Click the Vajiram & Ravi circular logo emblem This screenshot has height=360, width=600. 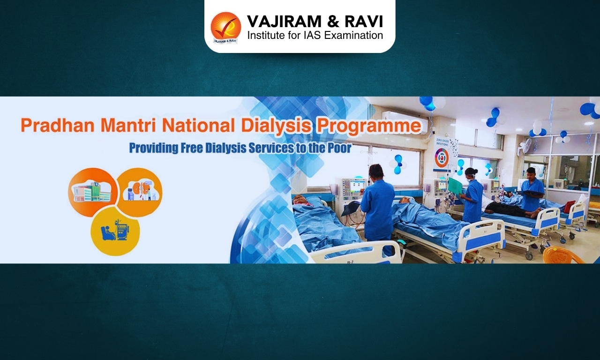225,27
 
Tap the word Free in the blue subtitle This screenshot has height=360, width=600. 199,148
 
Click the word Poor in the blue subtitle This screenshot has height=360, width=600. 337,148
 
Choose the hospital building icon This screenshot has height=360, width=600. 91,191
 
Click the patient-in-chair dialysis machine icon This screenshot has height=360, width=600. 115,230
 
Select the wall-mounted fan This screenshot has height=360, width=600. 525,147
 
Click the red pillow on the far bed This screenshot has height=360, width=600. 570,206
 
